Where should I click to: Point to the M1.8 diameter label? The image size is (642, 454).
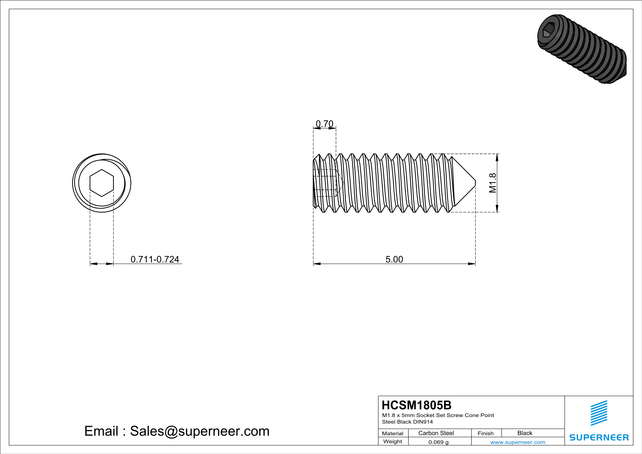[493, 183]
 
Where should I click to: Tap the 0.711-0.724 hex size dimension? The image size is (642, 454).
[155, 259]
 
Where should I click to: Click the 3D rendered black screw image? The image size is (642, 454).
[582, 49]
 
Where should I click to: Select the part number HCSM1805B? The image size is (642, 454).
[416, 405]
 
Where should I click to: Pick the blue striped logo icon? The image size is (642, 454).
[599, 413]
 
